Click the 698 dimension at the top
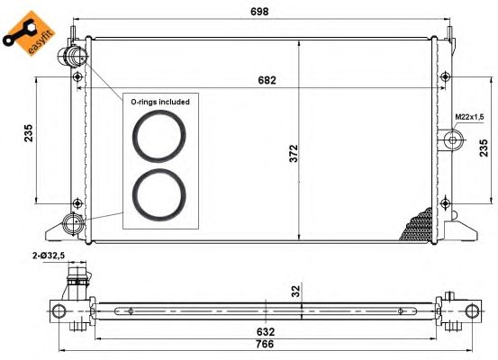259,12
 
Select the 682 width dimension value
267,80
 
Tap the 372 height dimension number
294,154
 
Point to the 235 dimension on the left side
28,133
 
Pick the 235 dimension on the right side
483,148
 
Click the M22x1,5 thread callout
469,117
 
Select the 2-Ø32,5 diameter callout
49,256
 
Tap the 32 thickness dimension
295,291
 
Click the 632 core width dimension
265,332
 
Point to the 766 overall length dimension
264,344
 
